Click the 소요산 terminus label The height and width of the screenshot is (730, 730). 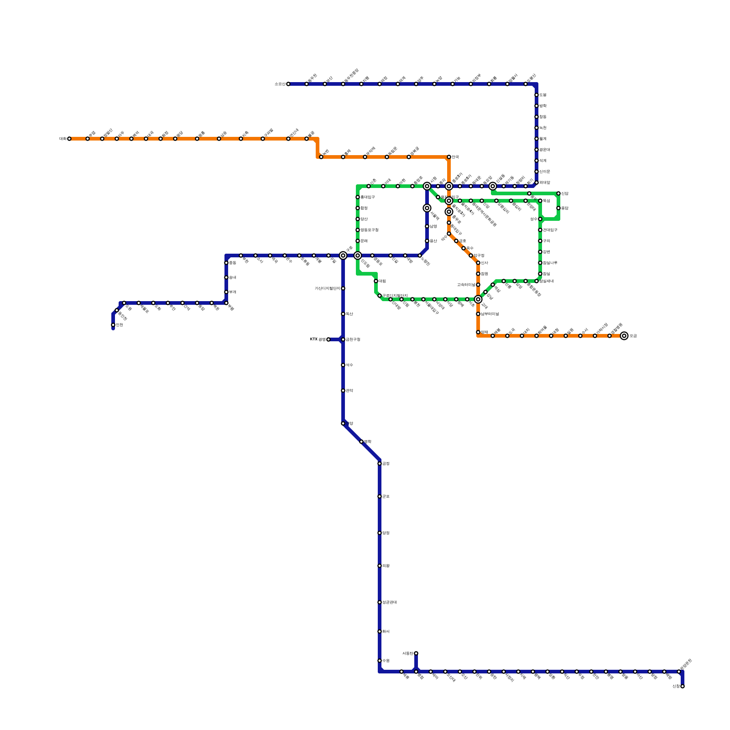pos(280,84)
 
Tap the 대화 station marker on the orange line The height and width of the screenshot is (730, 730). pos(69,139)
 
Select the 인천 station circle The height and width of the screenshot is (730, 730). pos(113,325)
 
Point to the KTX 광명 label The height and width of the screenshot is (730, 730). pos(318,339)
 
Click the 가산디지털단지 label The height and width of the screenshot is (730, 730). pos(327,288)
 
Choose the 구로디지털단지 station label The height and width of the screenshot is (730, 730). pos(395,296)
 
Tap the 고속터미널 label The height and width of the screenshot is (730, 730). pos(466,285)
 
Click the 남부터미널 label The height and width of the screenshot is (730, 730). pos(490,314)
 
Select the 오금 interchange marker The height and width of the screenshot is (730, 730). pos(624,336)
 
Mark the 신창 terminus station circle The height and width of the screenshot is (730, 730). pos(683,686)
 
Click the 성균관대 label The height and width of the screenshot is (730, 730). pos(389,602)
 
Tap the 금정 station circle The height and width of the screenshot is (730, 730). pos(380,464)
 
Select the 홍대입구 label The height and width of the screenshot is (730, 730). pos(367,197)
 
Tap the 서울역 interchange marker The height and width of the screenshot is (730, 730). pos(427,208)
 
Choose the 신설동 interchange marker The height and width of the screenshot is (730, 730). pos(493,186)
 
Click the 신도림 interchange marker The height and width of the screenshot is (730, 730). pos(358,255)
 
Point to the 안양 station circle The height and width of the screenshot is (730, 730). pos(343,423)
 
